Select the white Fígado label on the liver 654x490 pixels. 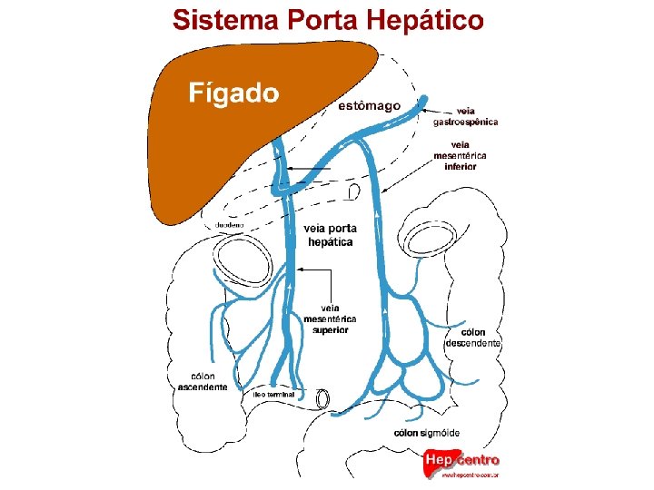tap(233, 92)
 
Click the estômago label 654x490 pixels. tap(369, 106)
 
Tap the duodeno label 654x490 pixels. tap(229, 225)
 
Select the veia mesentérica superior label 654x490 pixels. tap(330, 318)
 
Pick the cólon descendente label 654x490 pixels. tap(472, 338)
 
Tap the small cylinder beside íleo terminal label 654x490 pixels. tap(322, 398)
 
